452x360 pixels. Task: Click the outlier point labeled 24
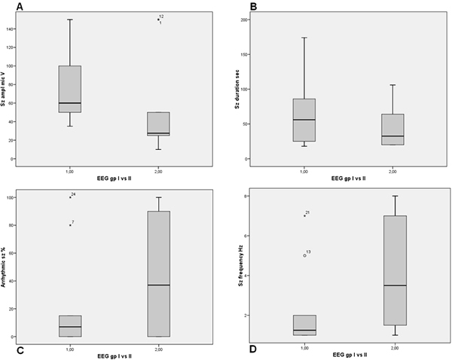70,197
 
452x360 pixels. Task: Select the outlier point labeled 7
70,224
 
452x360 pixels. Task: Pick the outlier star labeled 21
304,215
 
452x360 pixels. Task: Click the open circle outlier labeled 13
304,255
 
